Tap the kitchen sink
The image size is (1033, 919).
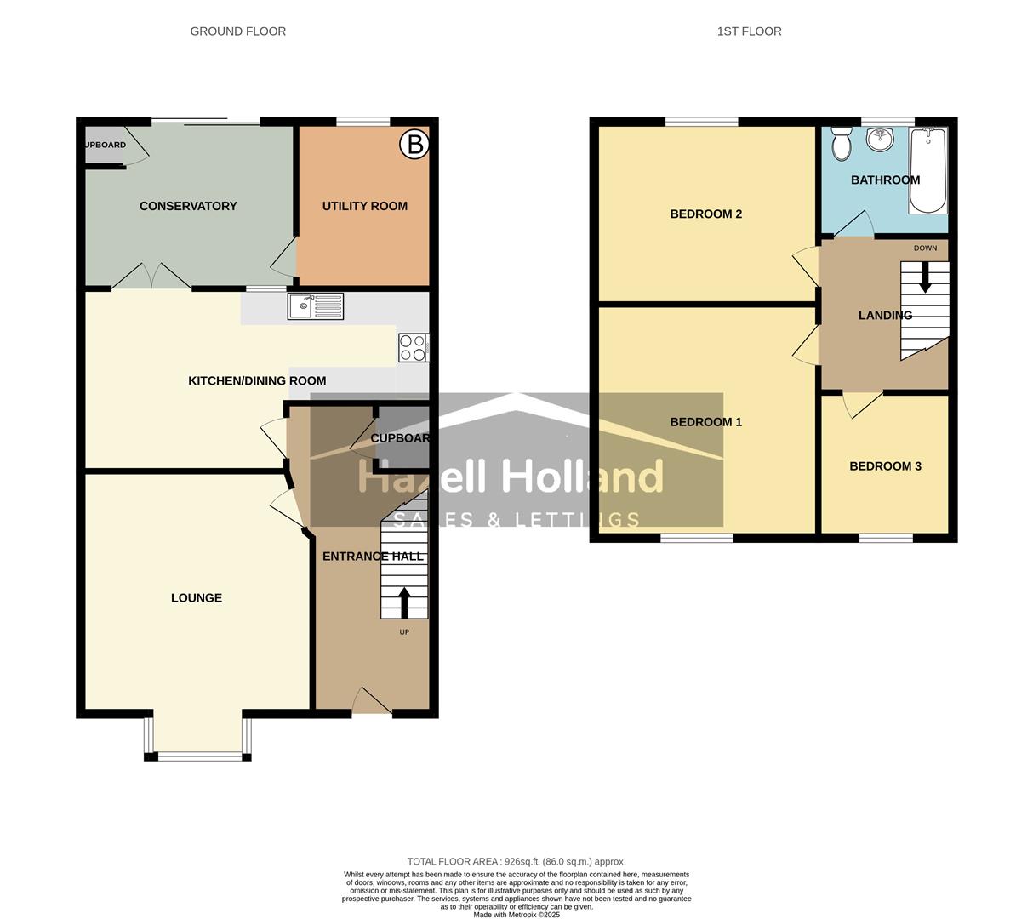coord(316,305)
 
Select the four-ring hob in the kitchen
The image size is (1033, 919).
coord(413,348)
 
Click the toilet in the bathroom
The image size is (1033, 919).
coord(842,145)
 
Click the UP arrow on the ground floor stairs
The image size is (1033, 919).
coord(403,602)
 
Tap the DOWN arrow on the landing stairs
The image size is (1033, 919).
coord(925,277)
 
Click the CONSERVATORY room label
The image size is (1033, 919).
coord(188,206)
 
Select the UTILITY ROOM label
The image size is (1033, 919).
coord(364,206)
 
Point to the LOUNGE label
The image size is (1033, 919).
coord(197,598)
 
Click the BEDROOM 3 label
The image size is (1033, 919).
coord(885,466)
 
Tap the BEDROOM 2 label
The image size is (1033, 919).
coord(705,214)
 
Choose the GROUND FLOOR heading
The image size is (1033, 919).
coord(237,31)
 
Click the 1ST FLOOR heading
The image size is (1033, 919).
coord(749,31)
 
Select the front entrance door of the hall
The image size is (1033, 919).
coord(372,702)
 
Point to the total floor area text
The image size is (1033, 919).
coord(516,861)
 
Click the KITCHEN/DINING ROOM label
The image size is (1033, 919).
coord(257,381)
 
